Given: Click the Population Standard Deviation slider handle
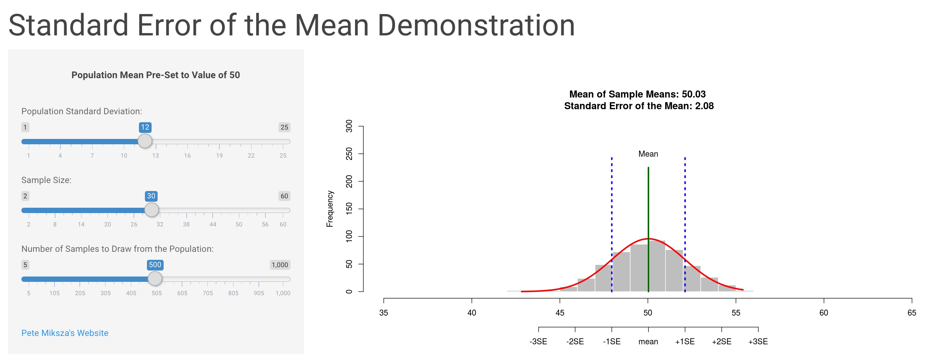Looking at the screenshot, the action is (x=145, y=141).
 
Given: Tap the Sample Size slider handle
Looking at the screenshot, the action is (x=152, y=210).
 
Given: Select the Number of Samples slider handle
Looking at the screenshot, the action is (x=155, y=279).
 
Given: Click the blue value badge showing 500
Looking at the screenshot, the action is (x=155, y=265).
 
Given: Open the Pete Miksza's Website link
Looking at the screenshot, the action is (x=65, y=333).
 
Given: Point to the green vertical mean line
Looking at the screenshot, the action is (x=648, y=229).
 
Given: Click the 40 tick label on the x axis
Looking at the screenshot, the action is (x=472, y=313).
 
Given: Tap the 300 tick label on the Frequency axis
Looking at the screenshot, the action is (x=349, y=126).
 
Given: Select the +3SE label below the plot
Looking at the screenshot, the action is (x=758, y=342).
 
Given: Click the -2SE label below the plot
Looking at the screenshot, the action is (x=575, y=342).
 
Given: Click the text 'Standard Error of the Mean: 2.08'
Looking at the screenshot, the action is (x=639, y=106).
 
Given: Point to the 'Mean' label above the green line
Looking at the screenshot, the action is (x=648, y=154).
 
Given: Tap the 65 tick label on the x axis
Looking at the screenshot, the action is (x=911, y=313).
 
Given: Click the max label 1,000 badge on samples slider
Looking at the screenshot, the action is (x=280, y=265).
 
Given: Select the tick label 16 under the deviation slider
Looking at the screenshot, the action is (x=187, y=156).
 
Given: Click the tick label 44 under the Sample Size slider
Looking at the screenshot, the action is (x=213, y=225).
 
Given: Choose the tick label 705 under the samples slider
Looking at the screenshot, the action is (x=208, y=293).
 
